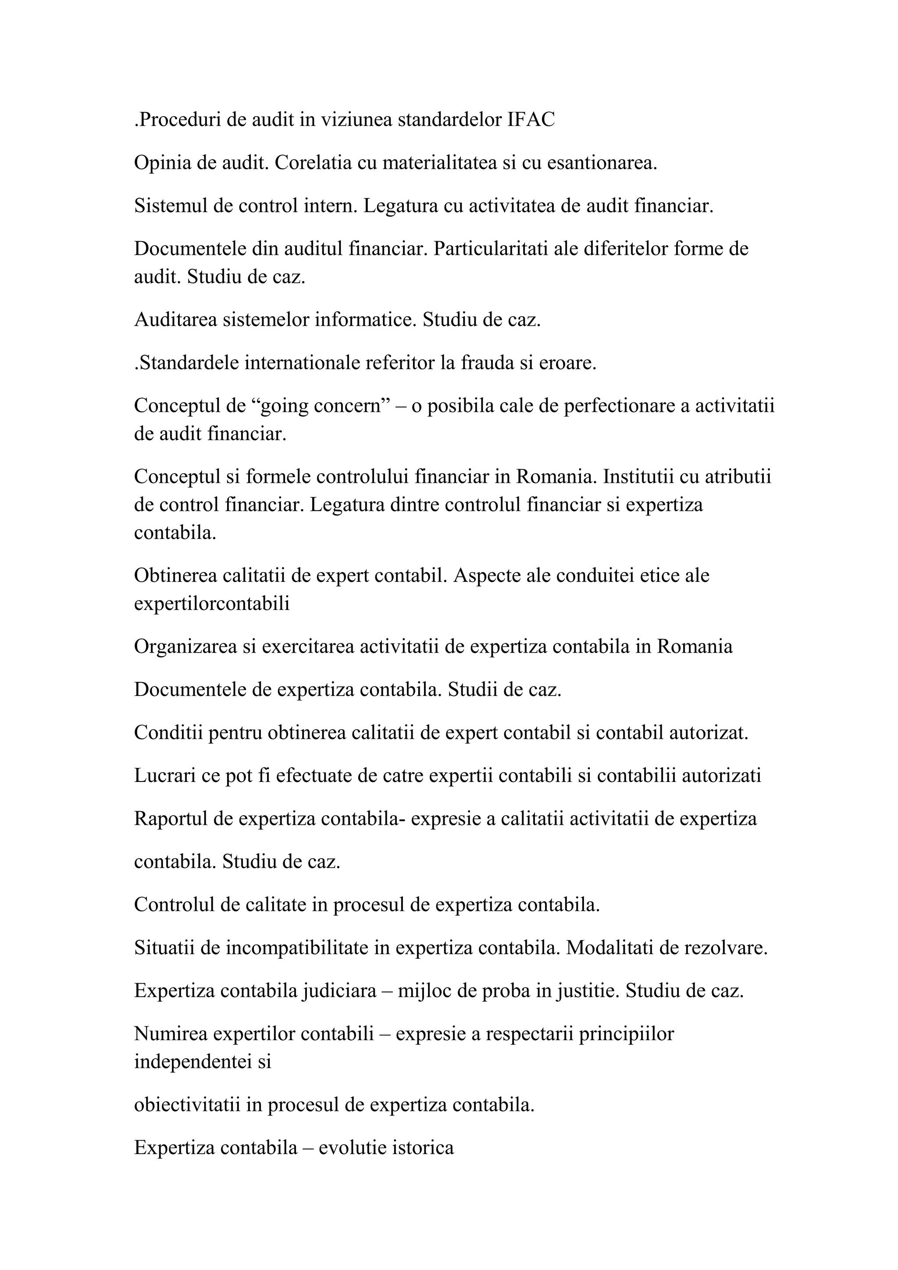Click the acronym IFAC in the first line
531,120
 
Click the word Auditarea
175,320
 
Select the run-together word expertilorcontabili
212,603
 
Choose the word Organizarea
185,646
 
